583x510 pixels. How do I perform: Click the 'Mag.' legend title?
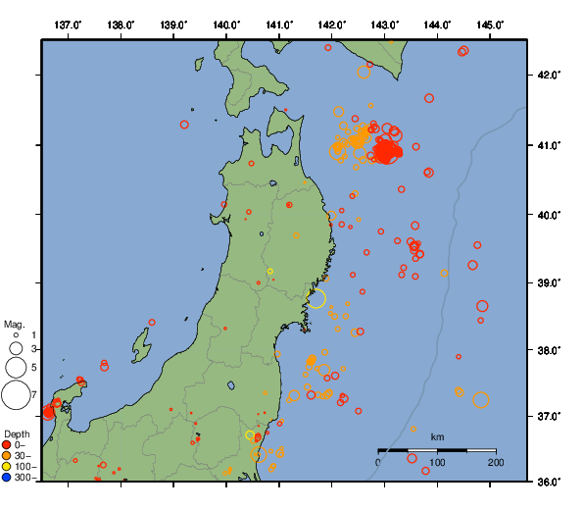click(x=14, y=324)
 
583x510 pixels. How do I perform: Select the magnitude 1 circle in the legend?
click(x=16, y=335)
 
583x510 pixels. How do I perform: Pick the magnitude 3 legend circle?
click(x=16, y=348)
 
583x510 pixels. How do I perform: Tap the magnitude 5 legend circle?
click(x=16, y=368)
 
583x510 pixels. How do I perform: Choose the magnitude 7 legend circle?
click(x=16, y=395)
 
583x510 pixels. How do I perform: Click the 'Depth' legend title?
click(x=17, y=433)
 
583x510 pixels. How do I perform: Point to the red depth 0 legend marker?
click(x=8, y=445)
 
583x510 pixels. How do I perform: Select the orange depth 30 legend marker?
click(x=8, y=456)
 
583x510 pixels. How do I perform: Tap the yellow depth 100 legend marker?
click(x=8, y=467)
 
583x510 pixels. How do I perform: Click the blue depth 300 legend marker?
click(x=8, y=478)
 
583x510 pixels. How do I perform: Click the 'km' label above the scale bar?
click(x=437, y=436)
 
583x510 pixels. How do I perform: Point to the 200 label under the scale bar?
click(x=495, y=462)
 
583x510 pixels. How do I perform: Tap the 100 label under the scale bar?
click(x=437, y=462)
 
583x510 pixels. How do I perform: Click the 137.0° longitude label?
click(x=68, y=24)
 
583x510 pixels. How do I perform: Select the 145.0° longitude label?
click(x=492, y=24)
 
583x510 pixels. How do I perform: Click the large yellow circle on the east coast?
click(x=316, y=298)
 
